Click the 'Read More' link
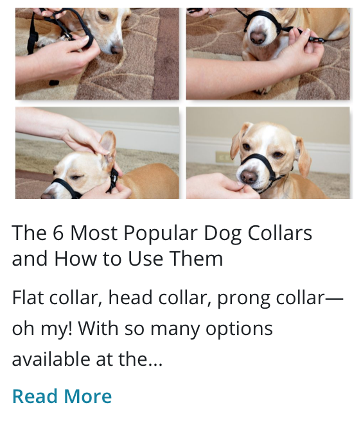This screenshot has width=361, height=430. point(62,396)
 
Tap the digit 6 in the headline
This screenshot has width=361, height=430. point(58,233)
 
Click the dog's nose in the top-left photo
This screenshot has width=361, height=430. point(116,49)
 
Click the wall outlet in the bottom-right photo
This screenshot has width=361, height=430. point(222,157)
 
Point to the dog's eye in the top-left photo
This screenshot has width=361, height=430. point(105,15)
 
